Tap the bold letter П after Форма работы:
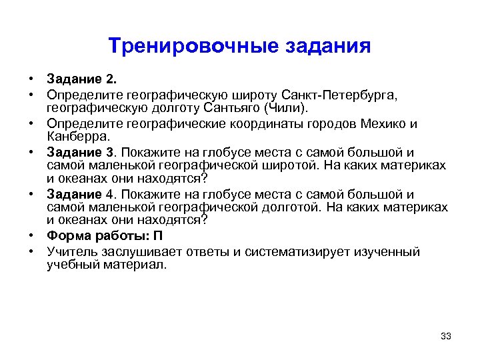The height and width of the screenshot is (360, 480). coord(158,236)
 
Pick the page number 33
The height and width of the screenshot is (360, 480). coord(446,335)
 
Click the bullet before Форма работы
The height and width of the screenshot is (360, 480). coord(32,236)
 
